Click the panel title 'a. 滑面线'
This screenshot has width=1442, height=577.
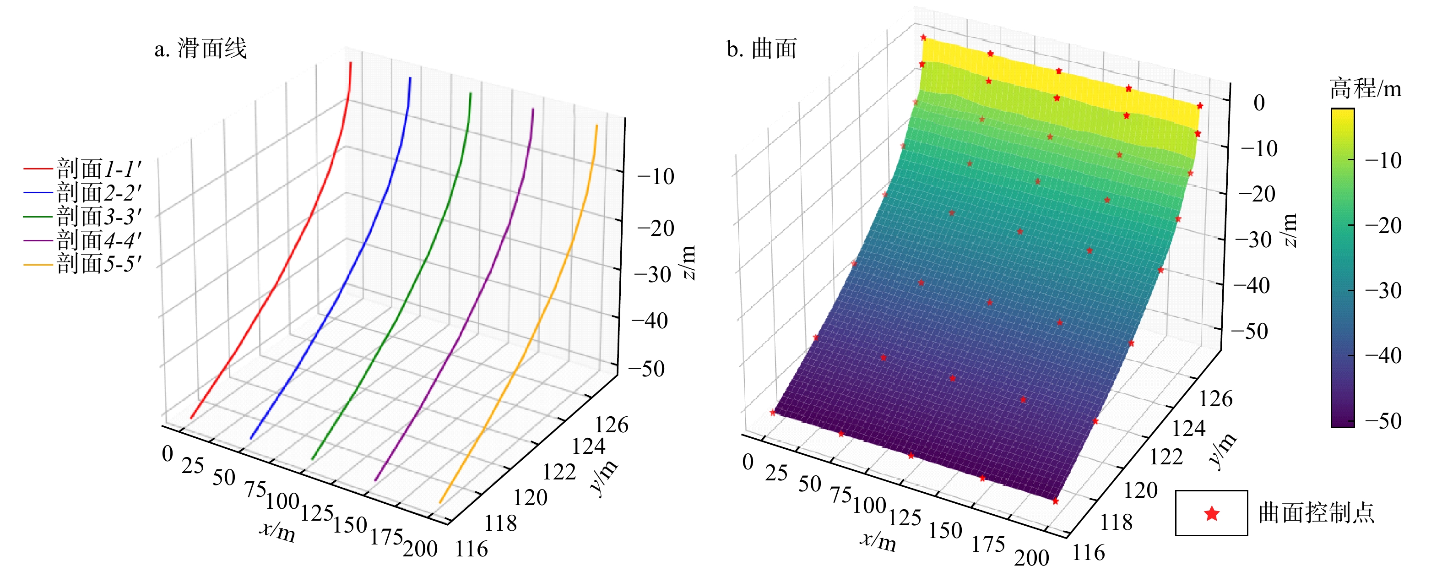click(201, 49)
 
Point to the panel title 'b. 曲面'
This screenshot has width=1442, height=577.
click(761, 49)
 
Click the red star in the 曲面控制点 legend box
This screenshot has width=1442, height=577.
click(1211, 513)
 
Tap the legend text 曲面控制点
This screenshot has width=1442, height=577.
click(1316, 512)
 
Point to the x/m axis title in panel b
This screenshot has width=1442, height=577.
click(878, 540)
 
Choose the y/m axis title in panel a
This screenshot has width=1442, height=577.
click(605, 478)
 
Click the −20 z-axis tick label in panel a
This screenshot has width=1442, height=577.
click(656, 229)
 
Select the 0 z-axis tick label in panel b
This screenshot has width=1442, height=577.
click(1259, 103)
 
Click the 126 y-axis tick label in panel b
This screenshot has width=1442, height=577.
click(1216, 399)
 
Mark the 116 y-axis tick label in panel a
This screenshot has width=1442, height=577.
click(472, 550)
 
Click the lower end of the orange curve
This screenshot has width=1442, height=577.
click(440, 502)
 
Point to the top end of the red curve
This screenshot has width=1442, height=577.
click(351, 63)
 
